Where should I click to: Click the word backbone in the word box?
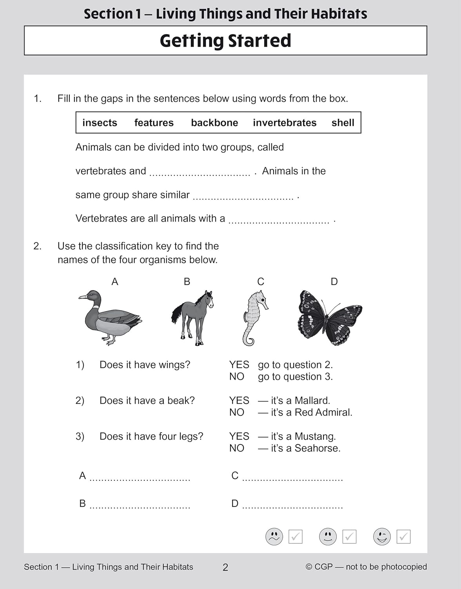tap(214, 123)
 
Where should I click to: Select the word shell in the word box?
tap(343, 123)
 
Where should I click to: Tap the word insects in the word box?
tap(100, 123)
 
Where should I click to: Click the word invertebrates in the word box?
tap(285, 123)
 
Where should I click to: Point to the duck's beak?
tap(82, 297)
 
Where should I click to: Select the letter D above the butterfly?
tap(334, 282)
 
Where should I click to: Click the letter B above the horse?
tap(187, 282)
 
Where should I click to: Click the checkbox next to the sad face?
tap(295, 537)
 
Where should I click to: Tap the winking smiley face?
tap(382, 536)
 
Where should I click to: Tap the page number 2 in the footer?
tap(225, 567)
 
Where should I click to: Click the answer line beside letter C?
tap(292, 478)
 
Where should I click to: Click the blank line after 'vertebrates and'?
tap(200, 173)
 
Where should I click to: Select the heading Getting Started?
tap(225, 41)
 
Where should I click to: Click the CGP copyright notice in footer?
tap(366, 567)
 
